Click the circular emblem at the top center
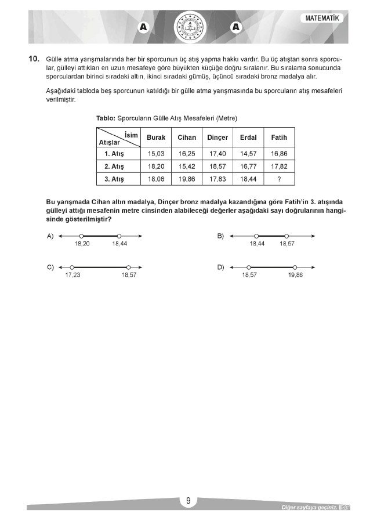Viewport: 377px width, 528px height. (x=188, y=26)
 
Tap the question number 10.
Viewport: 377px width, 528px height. (x=33, y=59)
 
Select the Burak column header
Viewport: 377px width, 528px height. (x=156, y=138)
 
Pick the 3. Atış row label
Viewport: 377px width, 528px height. (x=114, y=180)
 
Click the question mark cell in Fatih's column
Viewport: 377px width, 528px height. (x=279, y=180)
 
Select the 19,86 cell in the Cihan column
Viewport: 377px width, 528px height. (x=187, y=180)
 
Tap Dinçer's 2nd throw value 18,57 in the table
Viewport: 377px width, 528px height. (x=217, y=167)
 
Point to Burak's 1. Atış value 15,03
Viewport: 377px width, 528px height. (x=156, y=154)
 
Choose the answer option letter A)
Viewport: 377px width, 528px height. (x=50, y=236)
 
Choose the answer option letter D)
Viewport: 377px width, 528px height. (x=220, y=267)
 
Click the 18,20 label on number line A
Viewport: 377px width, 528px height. (x=82, y=244)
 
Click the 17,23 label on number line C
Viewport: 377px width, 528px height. (x=72, y=275)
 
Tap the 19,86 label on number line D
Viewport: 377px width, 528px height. (x=295, y=275)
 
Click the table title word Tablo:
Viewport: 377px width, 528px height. (x=106, y=118)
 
